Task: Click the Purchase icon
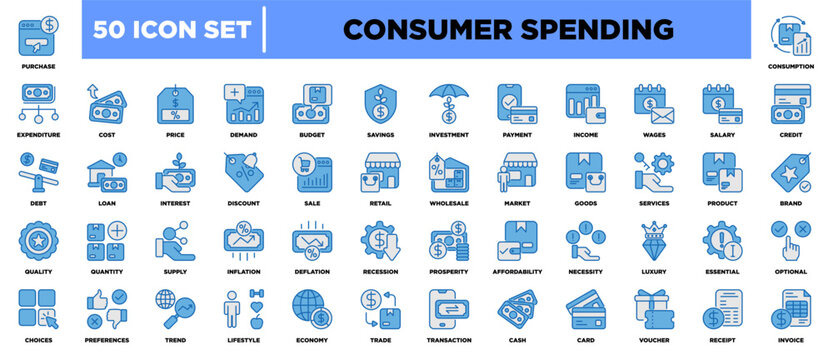37,34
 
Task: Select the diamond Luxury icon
654,241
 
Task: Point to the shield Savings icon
380,104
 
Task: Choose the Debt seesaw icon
37,173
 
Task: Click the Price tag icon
174,104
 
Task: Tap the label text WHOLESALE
448,201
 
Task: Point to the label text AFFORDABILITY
517,270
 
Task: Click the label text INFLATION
243,270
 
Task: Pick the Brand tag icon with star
793,173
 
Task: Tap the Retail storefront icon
380,173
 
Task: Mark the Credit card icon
793,104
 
